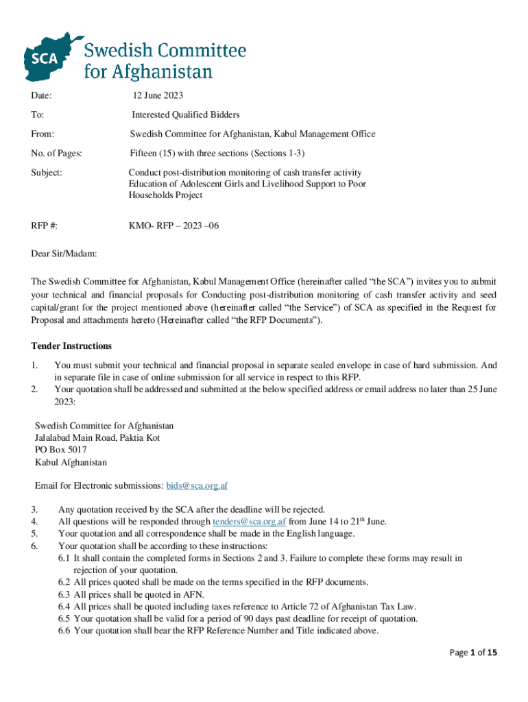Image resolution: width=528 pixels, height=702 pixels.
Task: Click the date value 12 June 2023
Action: pyautogui.click(x=158, y=95)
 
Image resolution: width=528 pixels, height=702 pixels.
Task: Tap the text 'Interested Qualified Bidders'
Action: pyautogui.click(x=186, y=114)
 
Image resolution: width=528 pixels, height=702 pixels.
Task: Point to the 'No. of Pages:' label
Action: pyautogui.click(x=57, y=153)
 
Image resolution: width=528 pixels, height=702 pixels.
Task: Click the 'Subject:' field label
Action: pyautogui.click(x=47, y=172)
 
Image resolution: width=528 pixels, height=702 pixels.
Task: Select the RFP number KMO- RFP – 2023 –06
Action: pyautogui.click(x=174, y=225)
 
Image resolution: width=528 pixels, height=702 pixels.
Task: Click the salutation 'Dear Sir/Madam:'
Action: pyautogui.click(x=64, y=254)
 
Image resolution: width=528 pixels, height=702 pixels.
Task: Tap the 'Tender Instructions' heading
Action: pyautogui.click(x=71, y=346)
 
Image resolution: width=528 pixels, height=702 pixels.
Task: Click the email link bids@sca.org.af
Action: pyautogui.click(x=197, y=486)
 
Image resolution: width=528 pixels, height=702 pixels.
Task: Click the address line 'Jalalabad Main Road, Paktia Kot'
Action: pyautogui.click(x=97, y=438)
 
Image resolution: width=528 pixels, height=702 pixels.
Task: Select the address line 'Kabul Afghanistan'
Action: pyautogui.click(x=71, y=463)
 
